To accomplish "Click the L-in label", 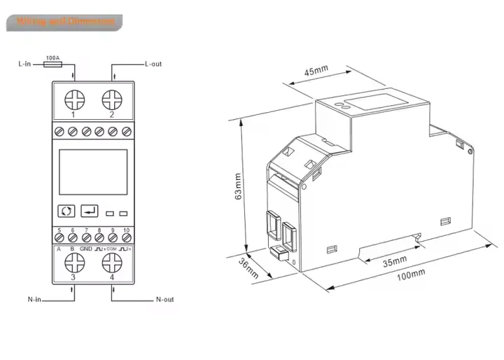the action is pyautogui.click(x=24, y=64).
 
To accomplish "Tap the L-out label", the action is pyautogui.click(x=153, y=64).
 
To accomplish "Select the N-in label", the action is pyautogui.click(x=34, y=300).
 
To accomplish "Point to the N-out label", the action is pyautogui.click(x=164, y=300).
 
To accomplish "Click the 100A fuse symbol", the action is pyautogui.click(x=51, y=64).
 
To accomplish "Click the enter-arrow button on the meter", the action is pyautogui.click(x=90, y=210).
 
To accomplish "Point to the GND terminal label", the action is pyautogui.click(x=85, y=249).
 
